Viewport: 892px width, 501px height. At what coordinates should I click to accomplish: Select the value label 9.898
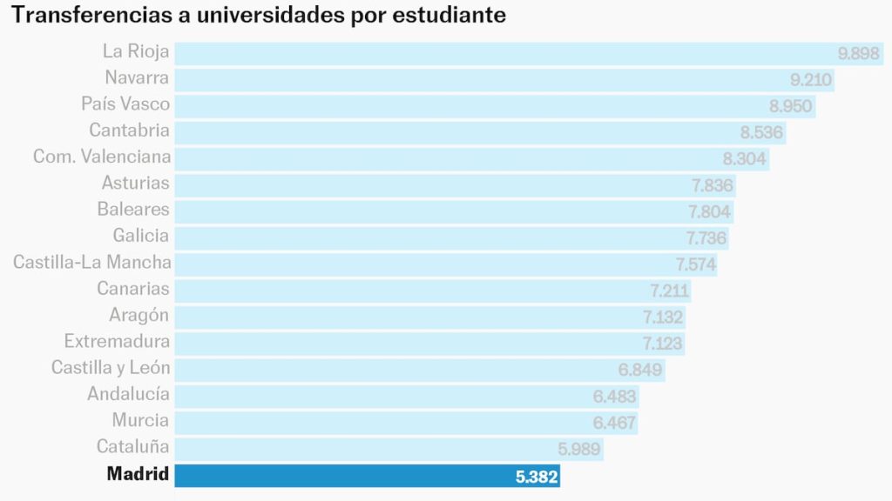pos(859,54)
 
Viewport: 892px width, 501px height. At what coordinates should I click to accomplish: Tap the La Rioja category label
pos(136,52)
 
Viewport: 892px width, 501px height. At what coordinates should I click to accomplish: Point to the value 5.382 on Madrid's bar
pos(537,477)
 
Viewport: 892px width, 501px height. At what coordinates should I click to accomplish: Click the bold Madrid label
pos(138,474)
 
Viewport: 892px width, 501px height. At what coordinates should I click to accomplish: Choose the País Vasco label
pos(125,104)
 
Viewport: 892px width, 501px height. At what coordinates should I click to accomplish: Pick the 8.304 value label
pos(745,159)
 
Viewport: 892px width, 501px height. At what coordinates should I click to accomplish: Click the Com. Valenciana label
pos(102,157)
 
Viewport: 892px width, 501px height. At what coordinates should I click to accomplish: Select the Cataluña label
pos(132,447)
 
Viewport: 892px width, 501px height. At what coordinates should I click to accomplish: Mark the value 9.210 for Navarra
pos(812,80)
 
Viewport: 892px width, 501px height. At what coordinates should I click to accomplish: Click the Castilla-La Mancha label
pos(92,262)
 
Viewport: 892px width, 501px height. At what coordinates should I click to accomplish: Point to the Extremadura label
pos(117,341)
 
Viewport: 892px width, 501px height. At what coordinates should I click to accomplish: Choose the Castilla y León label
pos(111,368)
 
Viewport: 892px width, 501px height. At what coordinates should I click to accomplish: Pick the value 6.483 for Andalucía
pos(615,397)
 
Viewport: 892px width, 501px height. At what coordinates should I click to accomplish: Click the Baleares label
pos(133,210)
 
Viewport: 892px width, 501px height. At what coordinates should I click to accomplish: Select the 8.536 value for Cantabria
pos(762,133)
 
